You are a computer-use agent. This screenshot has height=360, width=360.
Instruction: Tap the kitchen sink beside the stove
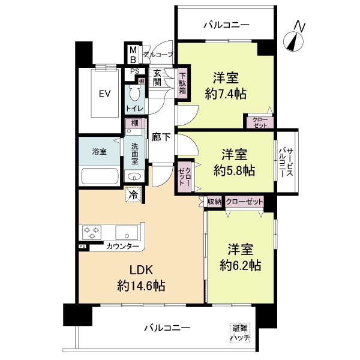pos(127,232)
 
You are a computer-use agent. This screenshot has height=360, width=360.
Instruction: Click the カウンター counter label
pos(122,247)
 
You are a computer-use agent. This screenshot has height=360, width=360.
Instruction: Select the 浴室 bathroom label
pos(99,152)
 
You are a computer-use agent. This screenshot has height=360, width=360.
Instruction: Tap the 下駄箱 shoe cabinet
pos(182,85)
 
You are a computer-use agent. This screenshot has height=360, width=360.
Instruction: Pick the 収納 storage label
pos(214,202)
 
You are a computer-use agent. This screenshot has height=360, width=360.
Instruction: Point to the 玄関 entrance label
pos(157,77)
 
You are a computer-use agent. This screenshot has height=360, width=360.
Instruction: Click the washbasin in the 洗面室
pos(134,176)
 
